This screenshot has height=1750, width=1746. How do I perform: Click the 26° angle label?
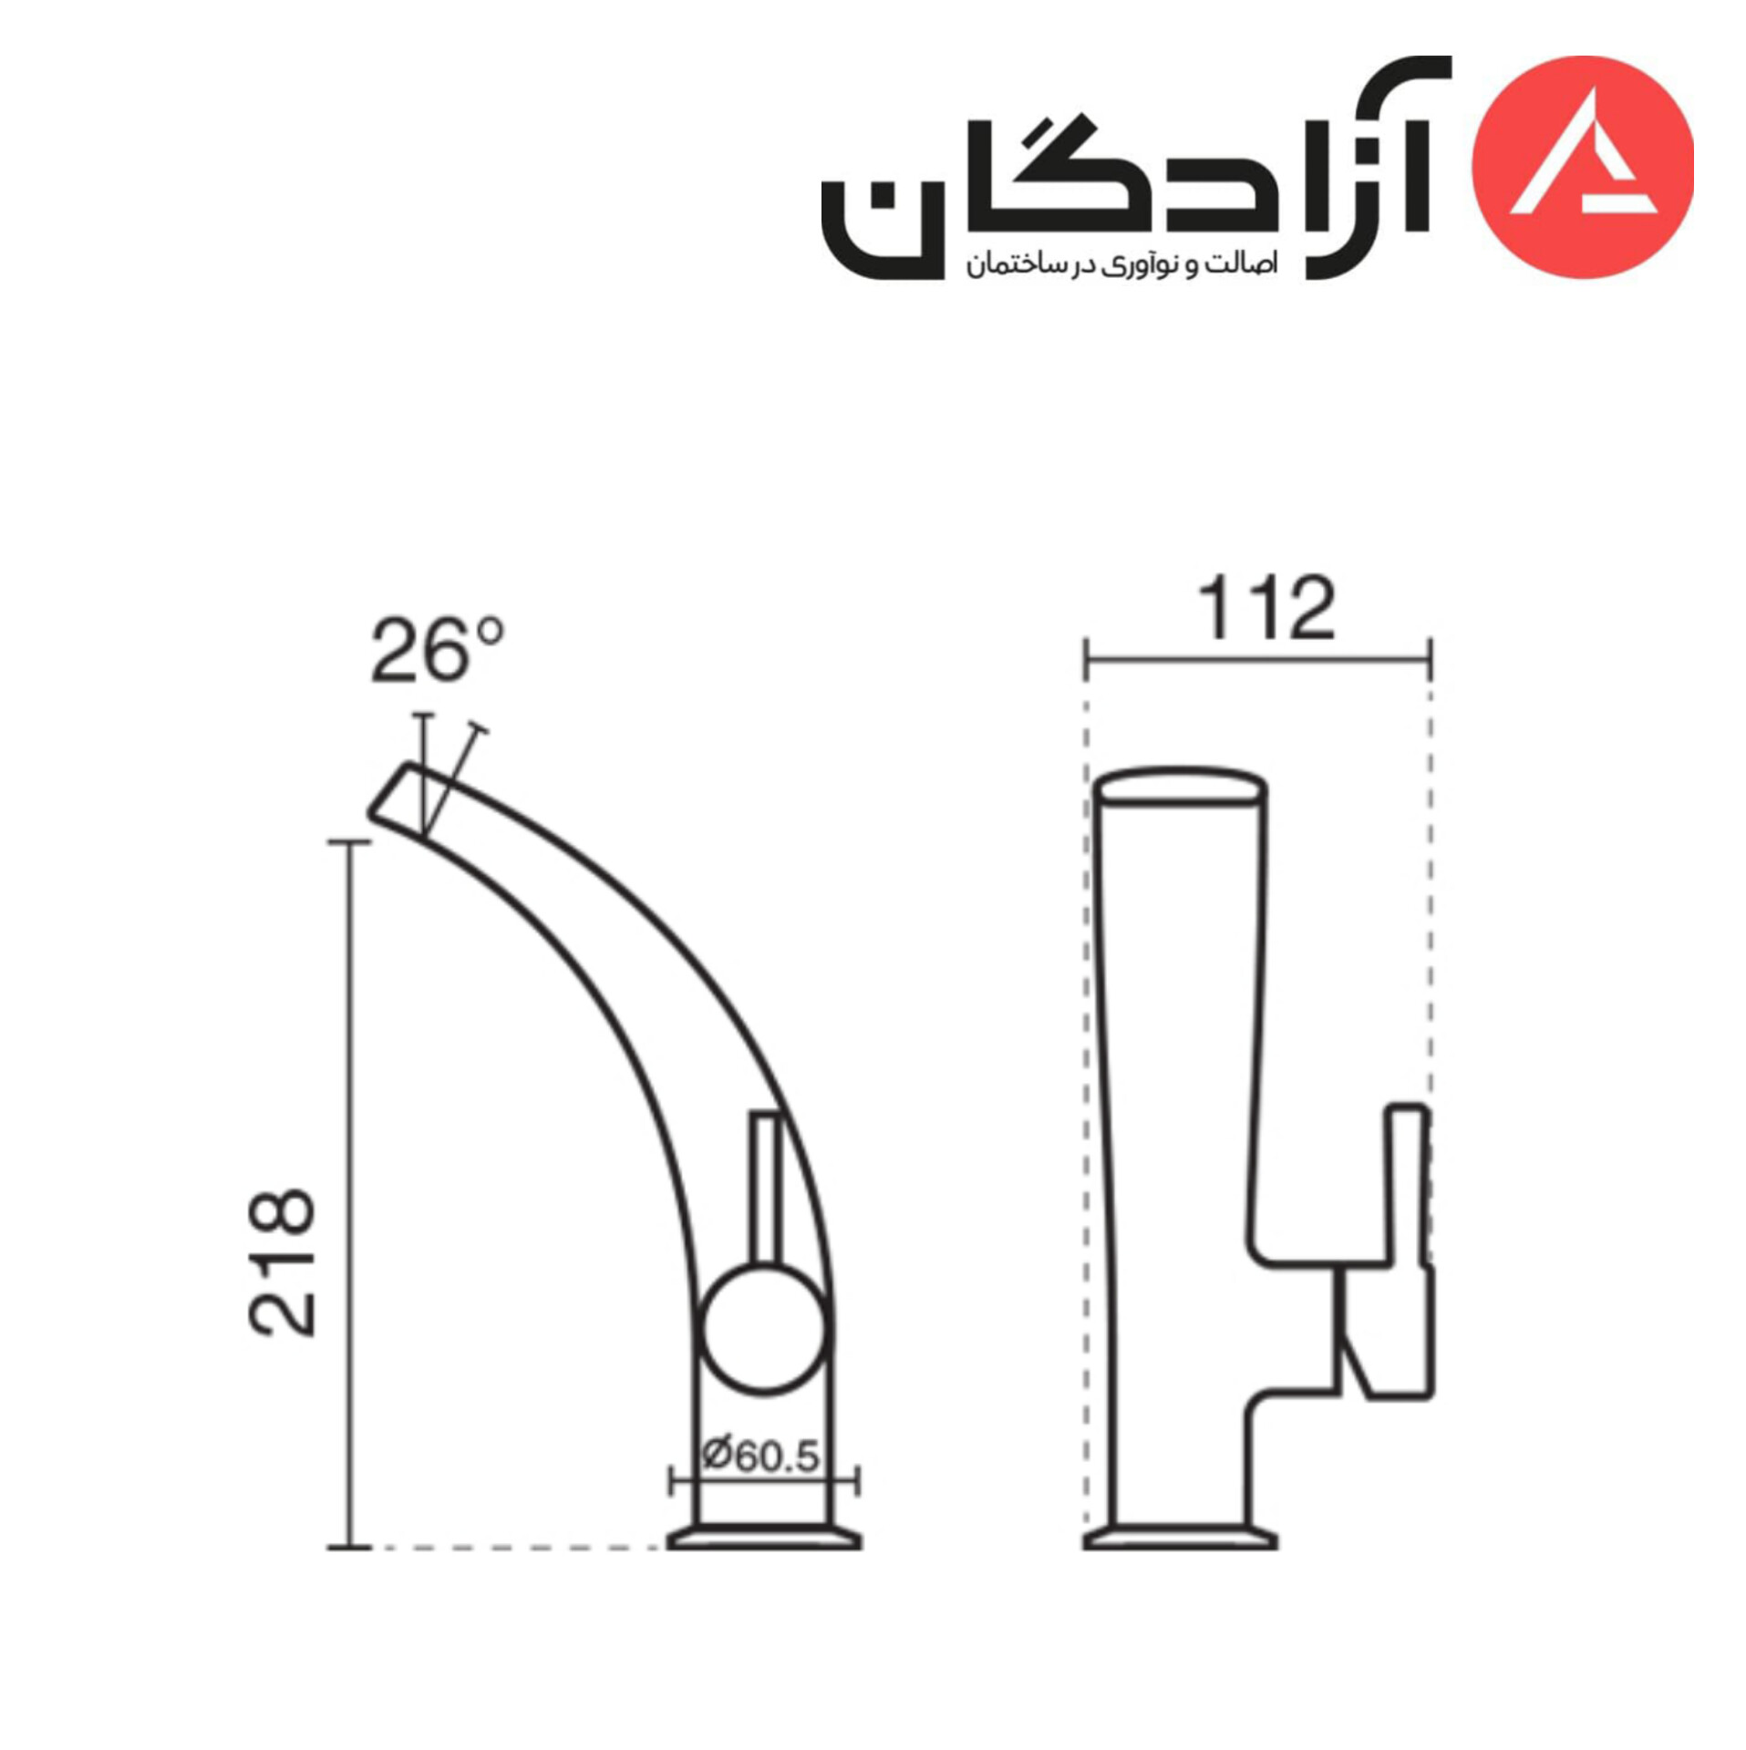[437, 650]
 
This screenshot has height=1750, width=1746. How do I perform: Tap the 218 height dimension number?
[283, 1261]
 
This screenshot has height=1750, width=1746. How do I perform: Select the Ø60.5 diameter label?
[761, 1456]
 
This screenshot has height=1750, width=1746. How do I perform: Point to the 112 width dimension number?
[1266, 608]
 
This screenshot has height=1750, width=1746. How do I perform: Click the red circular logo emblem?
[1583, 167]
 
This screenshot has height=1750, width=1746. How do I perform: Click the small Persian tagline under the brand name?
[1121, 264]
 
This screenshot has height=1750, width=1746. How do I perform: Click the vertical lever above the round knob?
[765, 1188]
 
